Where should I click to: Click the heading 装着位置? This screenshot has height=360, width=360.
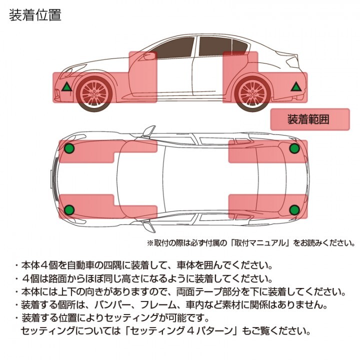[35, 15]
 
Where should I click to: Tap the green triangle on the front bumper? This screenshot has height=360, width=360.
[66, 87]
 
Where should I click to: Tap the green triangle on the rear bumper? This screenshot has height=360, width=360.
[296, 87]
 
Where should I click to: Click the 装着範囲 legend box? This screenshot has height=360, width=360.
[308, 120]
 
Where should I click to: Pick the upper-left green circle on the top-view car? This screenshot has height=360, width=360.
[69, 148]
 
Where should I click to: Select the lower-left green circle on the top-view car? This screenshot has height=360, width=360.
[69, 209]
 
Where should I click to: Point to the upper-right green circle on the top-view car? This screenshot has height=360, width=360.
[294, 148]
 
